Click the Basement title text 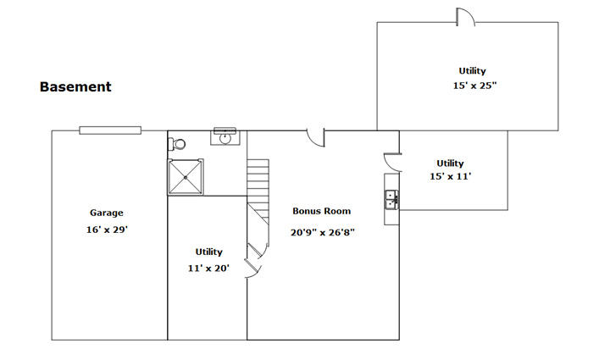click(75, 86)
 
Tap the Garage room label click(107, 213)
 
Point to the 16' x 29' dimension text click(107, 230)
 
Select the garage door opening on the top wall click(110, 130)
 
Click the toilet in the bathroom click(176, 144)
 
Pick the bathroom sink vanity click(225, 136)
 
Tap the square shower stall click(186, 177)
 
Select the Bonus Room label click(322, 211)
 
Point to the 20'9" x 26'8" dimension click(323, 232)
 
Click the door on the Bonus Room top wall click(316, 138)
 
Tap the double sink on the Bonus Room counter click(391, 199)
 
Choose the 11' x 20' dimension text click(208, 269)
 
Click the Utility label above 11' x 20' click(209, 252)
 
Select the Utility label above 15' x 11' click(450, 163)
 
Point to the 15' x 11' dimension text click(450, 176)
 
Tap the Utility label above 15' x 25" click(472, 71)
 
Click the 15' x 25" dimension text click(475, 86)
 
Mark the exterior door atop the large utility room click(466, 17)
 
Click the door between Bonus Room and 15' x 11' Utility click(392, 163)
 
